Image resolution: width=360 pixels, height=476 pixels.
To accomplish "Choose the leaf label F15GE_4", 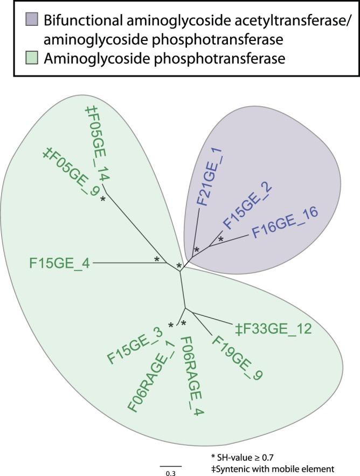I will coord(59,264).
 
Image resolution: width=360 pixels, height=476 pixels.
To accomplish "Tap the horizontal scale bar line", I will coord(170,465).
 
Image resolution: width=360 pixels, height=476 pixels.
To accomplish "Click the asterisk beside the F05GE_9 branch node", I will coord(102,199).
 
